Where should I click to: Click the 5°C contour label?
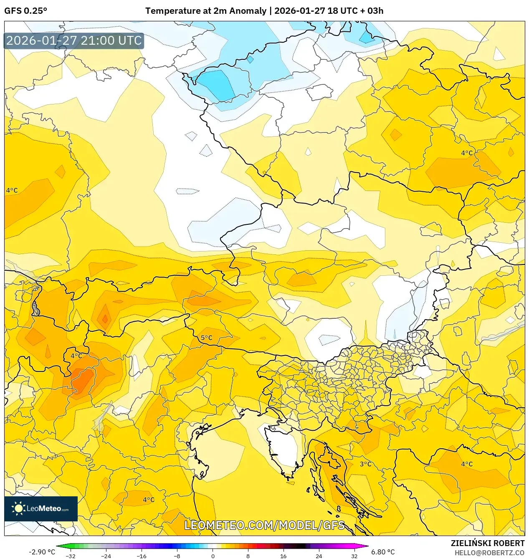pos(206,338)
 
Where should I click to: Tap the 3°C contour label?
pos(365,464)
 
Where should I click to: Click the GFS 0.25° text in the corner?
pos(25,11)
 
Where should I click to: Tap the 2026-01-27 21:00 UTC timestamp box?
pos(74,41)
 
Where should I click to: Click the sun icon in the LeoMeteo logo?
pos(18,508)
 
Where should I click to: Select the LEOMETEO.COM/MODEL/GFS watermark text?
pos(265,525)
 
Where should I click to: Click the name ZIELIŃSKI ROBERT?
pos(487,543)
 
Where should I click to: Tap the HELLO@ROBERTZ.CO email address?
pos(489,553)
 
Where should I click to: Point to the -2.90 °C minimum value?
pos(42,552)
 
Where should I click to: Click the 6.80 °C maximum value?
pos(383,552)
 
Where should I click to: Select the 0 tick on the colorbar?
pos(213,556)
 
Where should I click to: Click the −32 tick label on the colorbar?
pos(71,556)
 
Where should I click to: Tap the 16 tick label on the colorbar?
pos(283,556)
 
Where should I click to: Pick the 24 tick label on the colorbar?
pos(319,556)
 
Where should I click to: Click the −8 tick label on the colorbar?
pos(177,556)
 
